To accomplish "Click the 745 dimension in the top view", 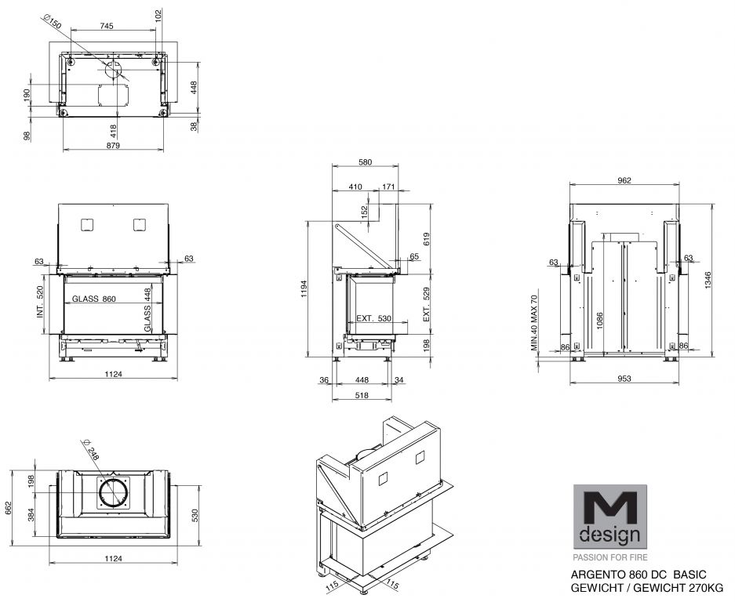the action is pos(107,26).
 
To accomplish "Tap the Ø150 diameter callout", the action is pos(52,21).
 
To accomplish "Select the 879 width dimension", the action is pos(113,145).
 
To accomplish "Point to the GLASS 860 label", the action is pos(94,299).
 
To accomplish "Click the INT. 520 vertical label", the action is pos(40,302).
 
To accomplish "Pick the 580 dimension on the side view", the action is pos(366,162).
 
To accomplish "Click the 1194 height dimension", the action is pos(304,288).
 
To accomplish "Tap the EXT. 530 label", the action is pos(373,318).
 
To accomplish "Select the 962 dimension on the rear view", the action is pos(624,180).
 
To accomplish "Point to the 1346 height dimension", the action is pos(708,280).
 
